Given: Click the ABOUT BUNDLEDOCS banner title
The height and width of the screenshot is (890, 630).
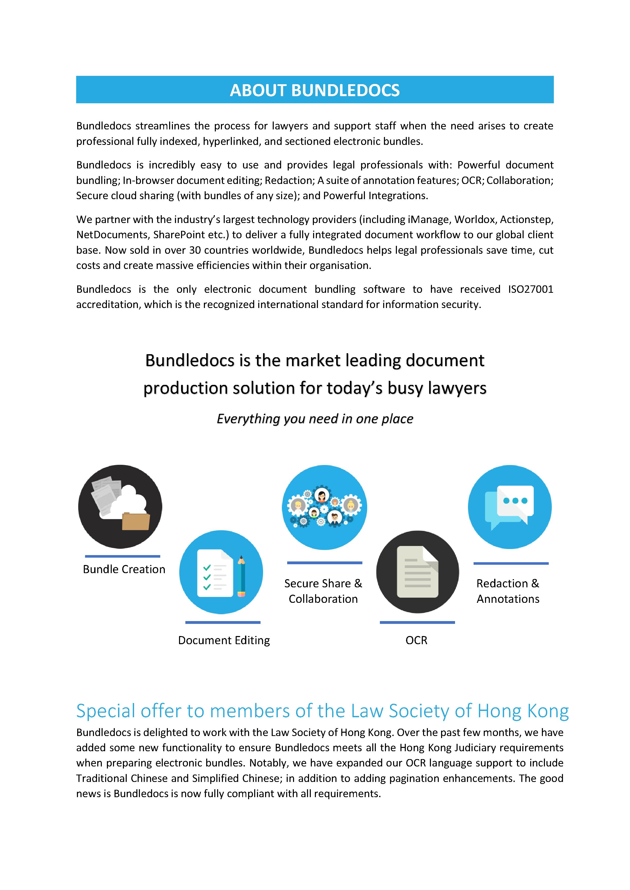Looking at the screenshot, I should coord(315,90).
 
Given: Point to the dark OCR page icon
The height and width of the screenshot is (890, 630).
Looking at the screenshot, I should coord(417,572).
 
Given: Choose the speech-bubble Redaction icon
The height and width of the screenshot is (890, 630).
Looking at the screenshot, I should coord(510,507).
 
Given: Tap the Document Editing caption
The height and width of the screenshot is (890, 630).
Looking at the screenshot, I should coord(224,640).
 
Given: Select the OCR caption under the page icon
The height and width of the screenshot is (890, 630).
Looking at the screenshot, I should coord(416,640).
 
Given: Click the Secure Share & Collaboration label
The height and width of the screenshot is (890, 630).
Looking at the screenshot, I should coord(323,591).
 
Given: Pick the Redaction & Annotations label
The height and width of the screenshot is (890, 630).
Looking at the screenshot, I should coord(508,591).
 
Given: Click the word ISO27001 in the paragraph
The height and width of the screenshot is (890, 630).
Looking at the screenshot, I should coord(530,289).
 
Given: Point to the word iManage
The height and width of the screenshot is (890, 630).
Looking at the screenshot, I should coord(429,219).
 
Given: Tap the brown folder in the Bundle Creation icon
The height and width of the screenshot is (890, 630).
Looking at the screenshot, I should coord(136,521).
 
